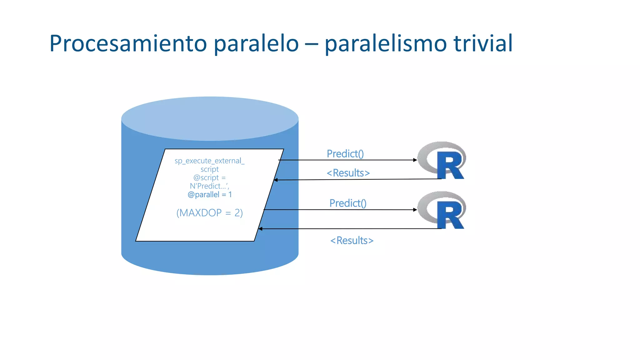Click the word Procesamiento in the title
pos(128,44)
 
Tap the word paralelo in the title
pos(256,44)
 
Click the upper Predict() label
pos(345,154)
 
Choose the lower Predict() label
pos(348,203)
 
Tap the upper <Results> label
pos(348,173)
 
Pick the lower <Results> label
pos(352,241)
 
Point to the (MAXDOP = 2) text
pos(209,213)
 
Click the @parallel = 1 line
pos(209,195)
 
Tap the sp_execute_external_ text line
pos(209,161)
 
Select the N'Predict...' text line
pos(209,186)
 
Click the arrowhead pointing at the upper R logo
pos(415,160)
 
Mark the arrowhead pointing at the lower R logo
pos(415,210)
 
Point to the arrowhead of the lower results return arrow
pos(260,229)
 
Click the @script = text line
pos(209,178)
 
